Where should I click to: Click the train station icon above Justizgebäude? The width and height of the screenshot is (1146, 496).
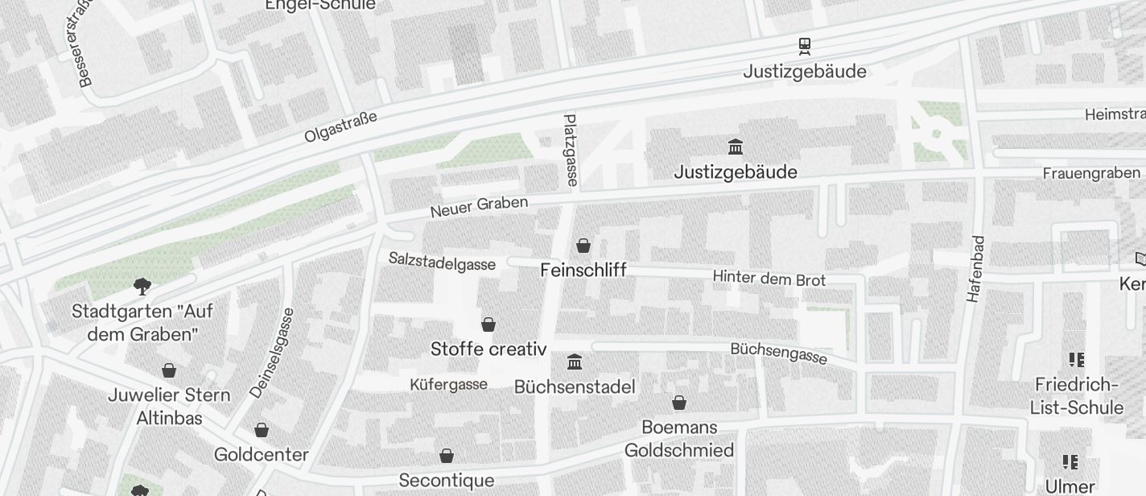point(804,46)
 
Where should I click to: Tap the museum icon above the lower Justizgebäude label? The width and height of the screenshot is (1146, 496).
point(735,147)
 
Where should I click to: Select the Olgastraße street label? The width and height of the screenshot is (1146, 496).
point(340,127)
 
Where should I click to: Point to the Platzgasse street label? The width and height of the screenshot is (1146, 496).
point(571,150)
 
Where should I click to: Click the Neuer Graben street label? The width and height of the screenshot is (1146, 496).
point(479,206)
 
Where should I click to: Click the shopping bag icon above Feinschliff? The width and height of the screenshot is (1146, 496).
point(583,246)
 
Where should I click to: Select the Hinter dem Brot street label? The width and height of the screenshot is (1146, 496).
point(769,279)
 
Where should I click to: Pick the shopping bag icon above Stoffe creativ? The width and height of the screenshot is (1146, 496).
point(488,324)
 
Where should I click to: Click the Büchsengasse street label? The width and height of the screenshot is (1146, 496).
point(778,353)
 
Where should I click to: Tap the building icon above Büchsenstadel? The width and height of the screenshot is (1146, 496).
point(575,362)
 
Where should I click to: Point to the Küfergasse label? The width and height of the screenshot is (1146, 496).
point(448,384)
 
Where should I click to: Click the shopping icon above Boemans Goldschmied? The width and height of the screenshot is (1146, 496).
point(679,403)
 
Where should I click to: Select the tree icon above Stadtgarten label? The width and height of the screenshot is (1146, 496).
point(142,286)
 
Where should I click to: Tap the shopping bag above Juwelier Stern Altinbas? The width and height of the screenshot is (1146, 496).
point(169,370)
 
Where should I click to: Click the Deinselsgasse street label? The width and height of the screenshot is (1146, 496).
point(272,353)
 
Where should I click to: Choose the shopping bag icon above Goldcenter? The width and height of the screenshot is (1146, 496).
point(261,430)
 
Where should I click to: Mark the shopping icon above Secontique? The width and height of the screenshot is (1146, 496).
point(446,456)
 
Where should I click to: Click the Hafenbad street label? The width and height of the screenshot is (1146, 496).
point(975,269)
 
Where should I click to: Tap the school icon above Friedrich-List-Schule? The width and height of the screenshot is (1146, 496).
point(1076,359)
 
